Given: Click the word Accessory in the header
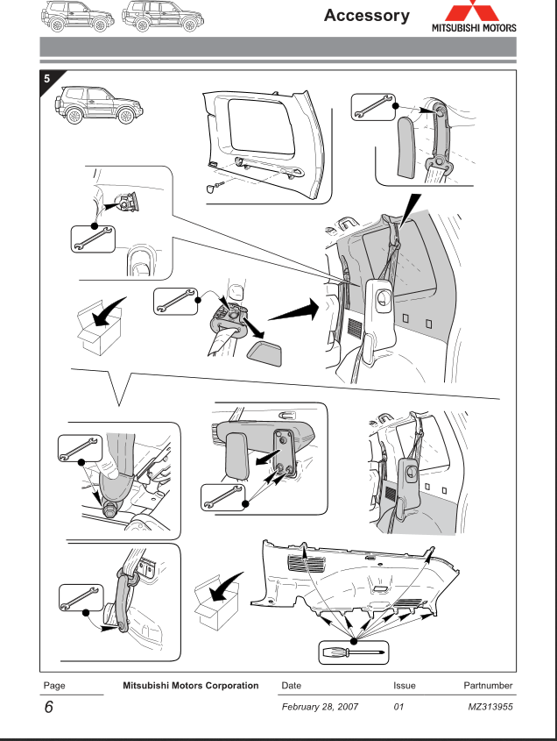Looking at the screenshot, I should [366, 15].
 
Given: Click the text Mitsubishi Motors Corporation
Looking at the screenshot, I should [184, 683].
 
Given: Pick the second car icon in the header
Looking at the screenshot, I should [159, 15].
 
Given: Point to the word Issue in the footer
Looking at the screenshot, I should [404, 683].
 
